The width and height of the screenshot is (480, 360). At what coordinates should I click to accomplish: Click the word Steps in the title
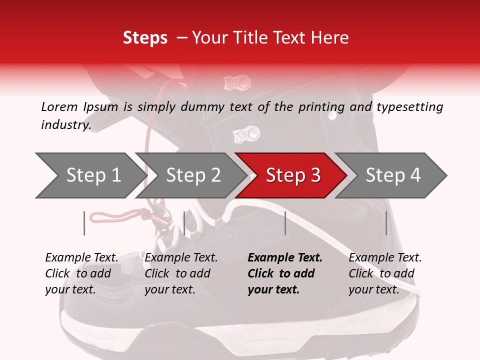tap(145, 38)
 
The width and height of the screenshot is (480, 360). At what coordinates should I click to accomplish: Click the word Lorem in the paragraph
tap(59, 106)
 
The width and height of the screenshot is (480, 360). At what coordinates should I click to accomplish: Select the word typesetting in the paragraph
tap(409, 106)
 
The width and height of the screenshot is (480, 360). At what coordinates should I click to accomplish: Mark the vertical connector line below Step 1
tap(84, 223)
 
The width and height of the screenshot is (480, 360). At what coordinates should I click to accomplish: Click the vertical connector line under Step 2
tap(184, 223)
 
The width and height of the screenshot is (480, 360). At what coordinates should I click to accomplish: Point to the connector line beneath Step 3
tap(285, 223)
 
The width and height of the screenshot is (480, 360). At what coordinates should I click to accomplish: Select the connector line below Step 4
tap(386, 223)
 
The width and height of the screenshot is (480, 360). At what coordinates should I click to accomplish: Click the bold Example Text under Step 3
tap(285, 258)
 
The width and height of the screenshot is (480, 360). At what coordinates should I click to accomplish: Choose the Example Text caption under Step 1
tap(81, 258)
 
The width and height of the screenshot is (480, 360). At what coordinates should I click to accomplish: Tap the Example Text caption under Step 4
tap(385, 258)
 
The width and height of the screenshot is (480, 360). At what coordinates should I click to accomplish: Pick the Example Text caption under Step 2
tap(181, 258)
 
